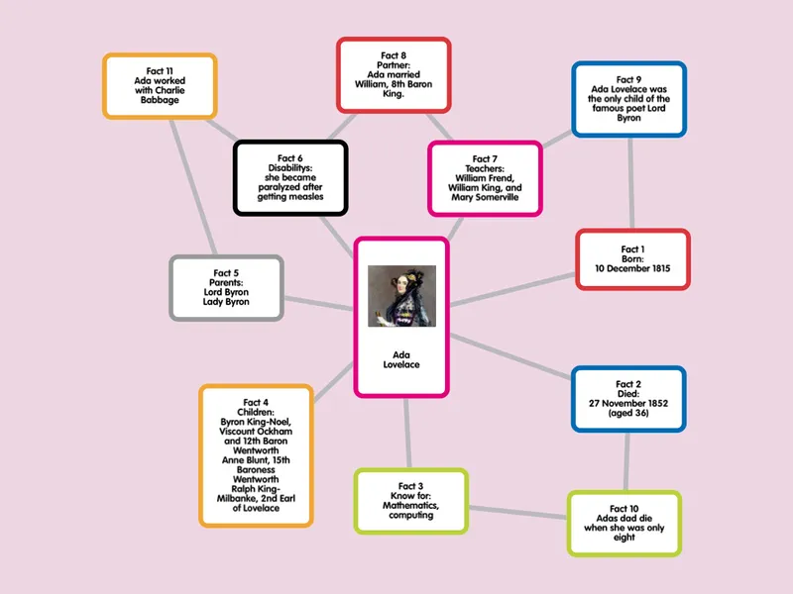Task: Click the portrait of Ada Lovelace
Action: coord(401,296)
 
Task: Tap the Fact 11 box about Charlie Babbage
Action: coord(160,86)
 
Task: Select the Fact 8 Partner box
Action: coord(394,75)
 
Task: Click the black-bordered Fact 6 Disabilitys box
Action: coord(290,178)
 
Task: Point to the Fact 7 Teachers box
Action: coord(485,178)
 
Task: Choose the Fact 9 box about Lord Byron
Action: coord(629,99)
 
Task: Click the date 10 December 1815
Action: coord(632,268)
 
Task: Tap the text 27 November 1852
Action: coord(628,403)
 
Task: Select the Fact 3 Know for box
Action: coord(410,501)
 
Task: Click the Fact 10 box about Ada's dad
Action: coord(624,524)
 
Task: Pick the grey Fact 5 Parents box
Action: coord(226,288)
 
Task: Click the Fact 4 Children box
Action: coord(256,455)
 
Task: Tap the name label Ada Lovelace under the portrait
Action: coord(401,359)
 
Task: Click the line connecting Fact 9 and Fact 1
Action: coord(631,183)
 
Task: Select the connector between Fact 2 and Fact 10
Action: coord(627,461)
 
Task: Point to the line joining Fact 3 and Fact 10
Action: coord(517,512)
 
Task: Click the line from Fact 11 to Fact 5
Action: coord(193,187)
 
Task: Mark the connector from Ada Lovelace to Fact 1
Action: coord(512,290)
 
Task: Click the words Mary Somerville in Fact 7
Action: coord(485,197)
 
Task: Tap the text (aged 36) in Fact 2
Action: coord(628,413)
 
